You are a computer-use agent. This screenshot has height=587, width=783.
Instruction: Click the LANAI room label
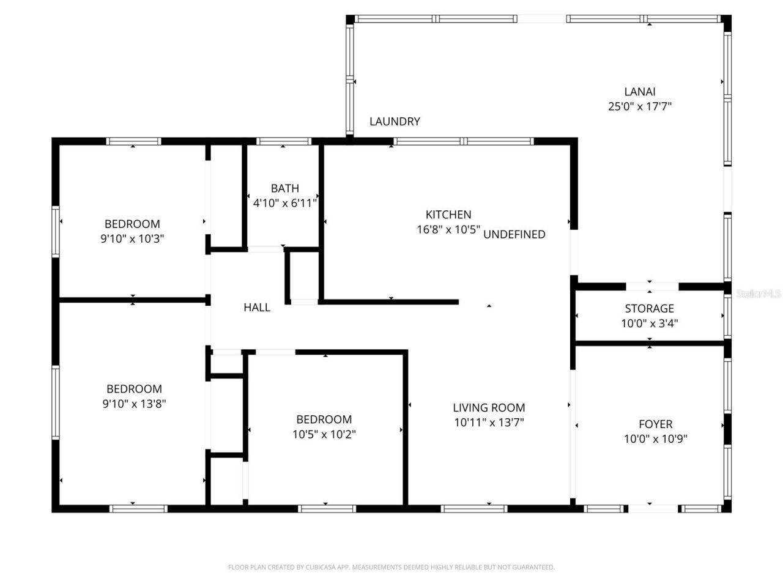(640, 92)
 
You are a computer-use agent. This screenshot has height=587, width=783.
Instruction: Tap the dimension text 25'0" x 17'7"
(640, 106)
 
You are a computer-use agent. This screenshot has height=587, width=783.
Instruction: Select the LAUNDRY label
(395, 122)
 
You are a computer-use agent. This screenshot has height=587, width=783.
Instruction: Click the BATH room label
(285, 188)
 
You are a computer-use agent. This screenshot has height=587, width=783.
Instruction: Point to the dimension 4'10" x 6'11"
(285, 203)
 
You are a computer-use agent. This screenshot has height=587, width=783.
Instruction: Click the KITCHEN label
(448, 215)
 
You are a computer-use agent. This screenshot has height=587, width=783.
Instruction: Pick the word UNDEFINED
(514, 234)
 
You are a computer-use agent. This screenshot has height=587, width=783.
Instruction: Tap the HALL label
(257, 308)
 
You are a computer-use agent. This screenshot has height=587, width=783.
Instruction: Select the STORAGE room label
(649, 309)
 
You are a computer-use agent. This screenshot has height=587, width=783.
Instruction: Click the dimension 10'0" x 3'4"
(649, 323)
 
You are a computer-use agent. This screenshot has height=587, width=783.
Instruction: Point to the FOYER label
(655, 424)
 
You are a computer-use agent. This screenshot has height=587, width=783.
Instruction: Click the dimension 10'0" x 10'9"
(655, 438)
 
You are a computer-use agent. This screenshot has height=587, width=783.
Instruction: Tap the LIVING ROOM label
(489, 408)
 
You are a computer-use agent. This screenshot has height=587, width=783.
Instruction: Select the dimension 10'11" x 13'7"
(489, 423)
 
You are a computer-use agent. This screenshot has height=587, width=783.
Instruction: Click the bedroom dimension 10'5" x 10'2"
(324, 434)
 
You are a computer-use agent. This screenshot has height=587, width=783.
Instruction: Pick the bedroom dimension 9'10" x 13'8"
(133, 404)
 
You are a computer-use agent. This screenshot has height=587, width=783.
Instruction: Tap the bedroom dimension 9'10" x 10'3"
(132, 238)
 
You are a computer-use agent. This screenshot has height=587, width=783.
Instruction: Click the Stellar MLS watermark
(759, 294)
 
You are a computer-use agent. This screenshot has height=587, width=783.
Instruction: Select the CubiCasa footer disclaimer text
(391, 567)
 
